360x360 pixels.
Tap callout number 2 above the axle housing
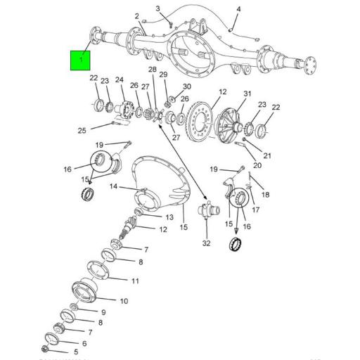point(136,16)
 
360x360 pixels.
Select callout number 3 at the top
point(157,8)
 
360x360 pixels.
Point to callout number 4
point(238,9)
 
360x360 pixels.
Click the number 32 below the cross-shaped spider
point(205,243)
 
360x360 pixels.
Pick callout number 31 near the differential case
point(247,94)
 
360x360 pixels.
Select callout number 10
point(123,301)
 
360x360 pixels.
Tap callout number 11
point(135,281)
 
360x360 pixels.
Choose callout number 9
point(103,312)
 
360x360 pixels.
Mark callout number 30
point(187,86)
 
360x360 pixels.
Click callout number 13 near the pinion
point(169,217)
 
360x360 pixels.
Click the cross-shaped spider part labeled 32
point(205,210)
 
